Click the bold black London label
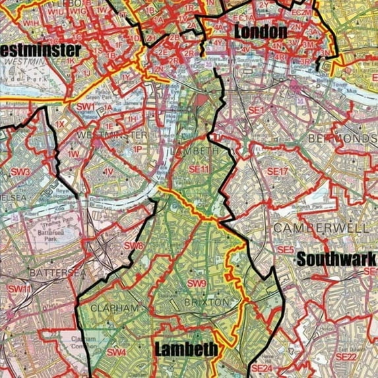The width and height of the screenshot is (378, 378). coord(260,31)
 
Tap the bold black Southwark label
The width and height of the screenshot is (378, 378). coord(336,259)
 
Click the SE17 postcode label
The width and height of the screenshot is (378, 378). coord(278,172)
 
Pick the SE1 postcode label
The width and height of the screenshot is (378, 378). coord(255,110)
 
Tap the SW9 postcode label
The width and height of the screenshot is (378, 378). coord(197,284)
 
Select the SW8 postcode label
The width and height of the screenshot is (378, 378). coord(134,246)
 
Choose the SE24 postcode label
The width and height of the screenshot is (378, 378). coord(263,367)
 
